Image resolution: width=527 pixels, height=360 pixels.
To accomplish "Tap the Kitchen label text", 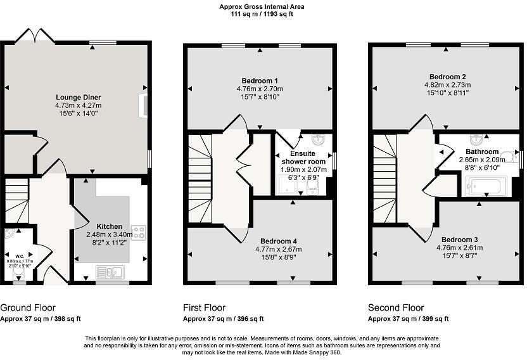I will click(109, 226).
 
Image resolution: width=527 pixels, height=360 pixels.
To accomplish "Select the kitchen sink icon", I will click(109, 273).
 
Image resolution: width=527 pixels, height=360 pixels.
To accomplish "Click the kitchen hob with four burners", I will click(137, 232).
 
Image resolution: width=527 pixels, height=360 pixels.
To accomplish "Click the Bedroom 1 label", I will click(260, 80).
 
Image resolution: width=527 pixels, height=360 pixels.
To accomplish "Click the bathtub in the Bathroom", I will click(484, 187).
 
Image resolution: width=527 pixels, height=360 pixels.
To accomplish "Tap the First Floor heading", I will click(204, 308).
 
